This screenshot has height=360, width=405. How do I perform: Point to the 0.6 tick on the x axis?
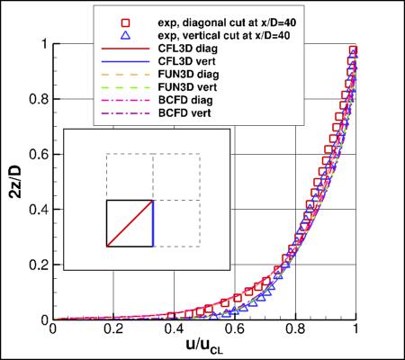pyautogui.click(x=236, y=330)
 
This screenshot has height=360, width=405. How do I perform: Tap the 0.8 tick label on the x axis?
pyautogui.click(x=296, y=330)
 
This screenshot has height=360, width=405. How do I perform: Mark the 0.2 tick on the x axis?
pyautogui.click(x=114, y=330)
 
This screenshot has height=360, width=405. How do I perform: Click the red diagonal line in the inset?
pyautogui.click(x=130, y=223)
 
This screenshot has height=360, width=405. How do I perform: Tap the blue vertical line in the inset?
pyautogui.click(x=154, y=223)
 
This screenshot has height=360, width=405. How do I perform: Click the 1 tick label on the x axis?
pyautogui.click(x=357, y=330)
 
